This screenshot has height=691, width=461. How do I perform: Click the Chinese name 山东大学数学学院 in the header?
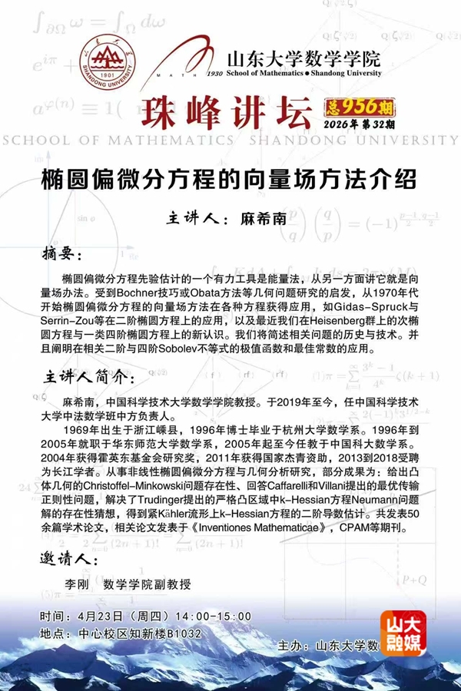point(303,58)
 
